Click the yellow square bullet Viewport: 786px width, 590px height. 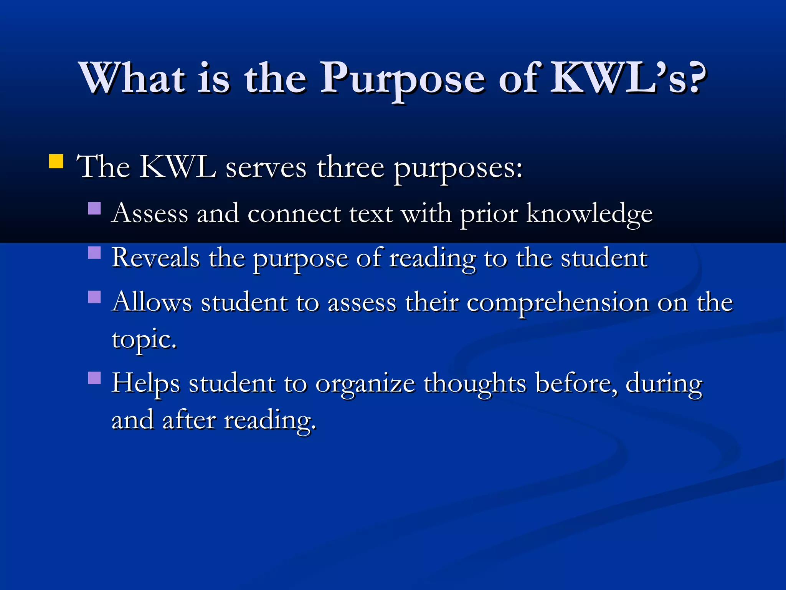pos(56,161)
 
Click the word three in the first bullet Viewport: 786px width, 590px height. pos(350,168)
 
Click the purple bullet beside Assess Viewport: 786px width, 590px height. pos(94,209)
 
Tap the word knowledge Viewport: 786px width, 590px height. pos(589,214)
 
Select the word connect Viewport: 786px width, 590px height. pos(294,214)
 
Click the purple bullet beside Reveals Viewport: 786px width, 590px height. pos(94,253)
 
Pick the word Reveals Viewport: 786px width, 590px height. pos(155,258)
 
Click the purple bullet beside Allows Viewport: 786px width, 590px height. pos(94,297)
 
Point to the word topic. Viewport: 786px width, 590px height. pos(144,340)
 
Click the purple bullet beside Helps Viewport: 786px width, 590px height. pos(94,378)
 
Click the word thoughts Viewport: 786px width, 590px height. pos(475,383)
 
